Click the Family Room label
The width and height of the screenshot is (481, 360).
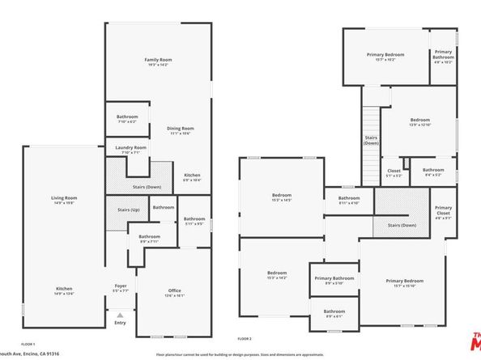pyautogui.click(x=158, y=61)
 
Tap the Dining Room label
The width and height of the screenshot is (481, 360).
pyautogui.click(x=181, y=129)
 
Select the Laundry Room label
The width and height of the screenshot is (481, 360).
pyautogui.click(x=130, y=148)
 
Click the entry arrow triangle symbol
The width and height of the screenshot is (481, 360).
pyautogui.click(x=120, y=315)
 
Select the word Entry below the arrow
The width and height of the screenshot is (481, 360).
pyautogui.click(x=120, y=323)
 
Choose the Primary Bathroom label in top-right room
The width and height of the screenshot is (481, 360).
pyautogui.click(x=443, y=55)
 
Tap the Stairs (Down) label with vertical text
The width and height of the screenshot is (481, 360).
pyautogui.click(x=371, y=140)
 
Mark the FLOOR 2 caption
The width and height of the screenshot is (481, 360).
pyautogui.click(x=245, y=337)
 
